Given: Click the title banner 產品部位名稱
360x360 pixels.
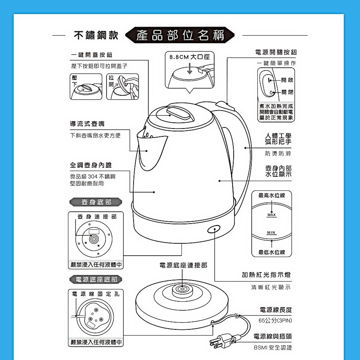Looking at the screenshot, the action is click(180, 35).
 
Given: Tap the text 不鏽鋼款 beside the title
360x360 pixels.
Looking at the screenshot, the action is click(96, 35).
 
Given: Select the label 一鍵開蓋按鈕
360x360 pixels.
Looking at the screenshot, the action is click(91, 55).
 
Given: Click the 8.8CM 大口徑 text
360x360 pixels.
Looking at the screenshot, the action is click(190, 57).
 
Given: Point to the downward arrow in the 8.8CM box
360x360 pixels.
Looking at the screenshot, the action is click(190, 68).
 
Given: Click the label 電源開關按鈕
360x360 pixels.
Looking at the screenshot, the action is click(276, 52).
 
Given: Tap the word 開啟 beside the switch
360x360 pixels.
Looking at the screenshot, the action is click(287, 80).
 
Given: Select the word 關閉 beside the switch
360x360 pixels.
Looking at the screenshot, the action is click(287, 92).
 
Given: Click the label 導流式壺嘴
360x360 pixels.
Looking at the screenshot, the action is click(87, 124).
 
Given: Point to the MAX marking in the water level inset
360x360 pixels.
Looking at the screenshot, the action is click(271, 215).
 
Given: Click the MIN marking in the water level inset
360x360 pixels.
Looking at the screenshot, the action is click(271, 233).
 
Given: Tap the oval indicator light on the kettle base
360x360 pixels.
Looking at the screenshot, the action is click(214, 229).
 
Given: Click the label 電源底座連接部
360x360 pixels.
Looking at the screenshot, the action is click(183, 265).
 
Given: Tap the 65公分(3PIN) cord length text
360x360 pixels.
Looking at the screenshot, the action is click(275, 320).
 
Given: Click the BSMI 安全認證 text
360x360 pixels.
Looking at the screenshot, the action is click(273, 348).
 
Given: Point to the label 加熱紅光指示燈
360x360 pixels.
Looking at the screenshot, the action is click(266, 275).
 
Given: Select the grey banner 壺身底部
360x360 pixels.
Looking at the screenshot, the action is click(96, 202).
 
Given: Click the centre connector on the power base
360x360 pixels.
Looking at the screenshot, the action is click(182, 289).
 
